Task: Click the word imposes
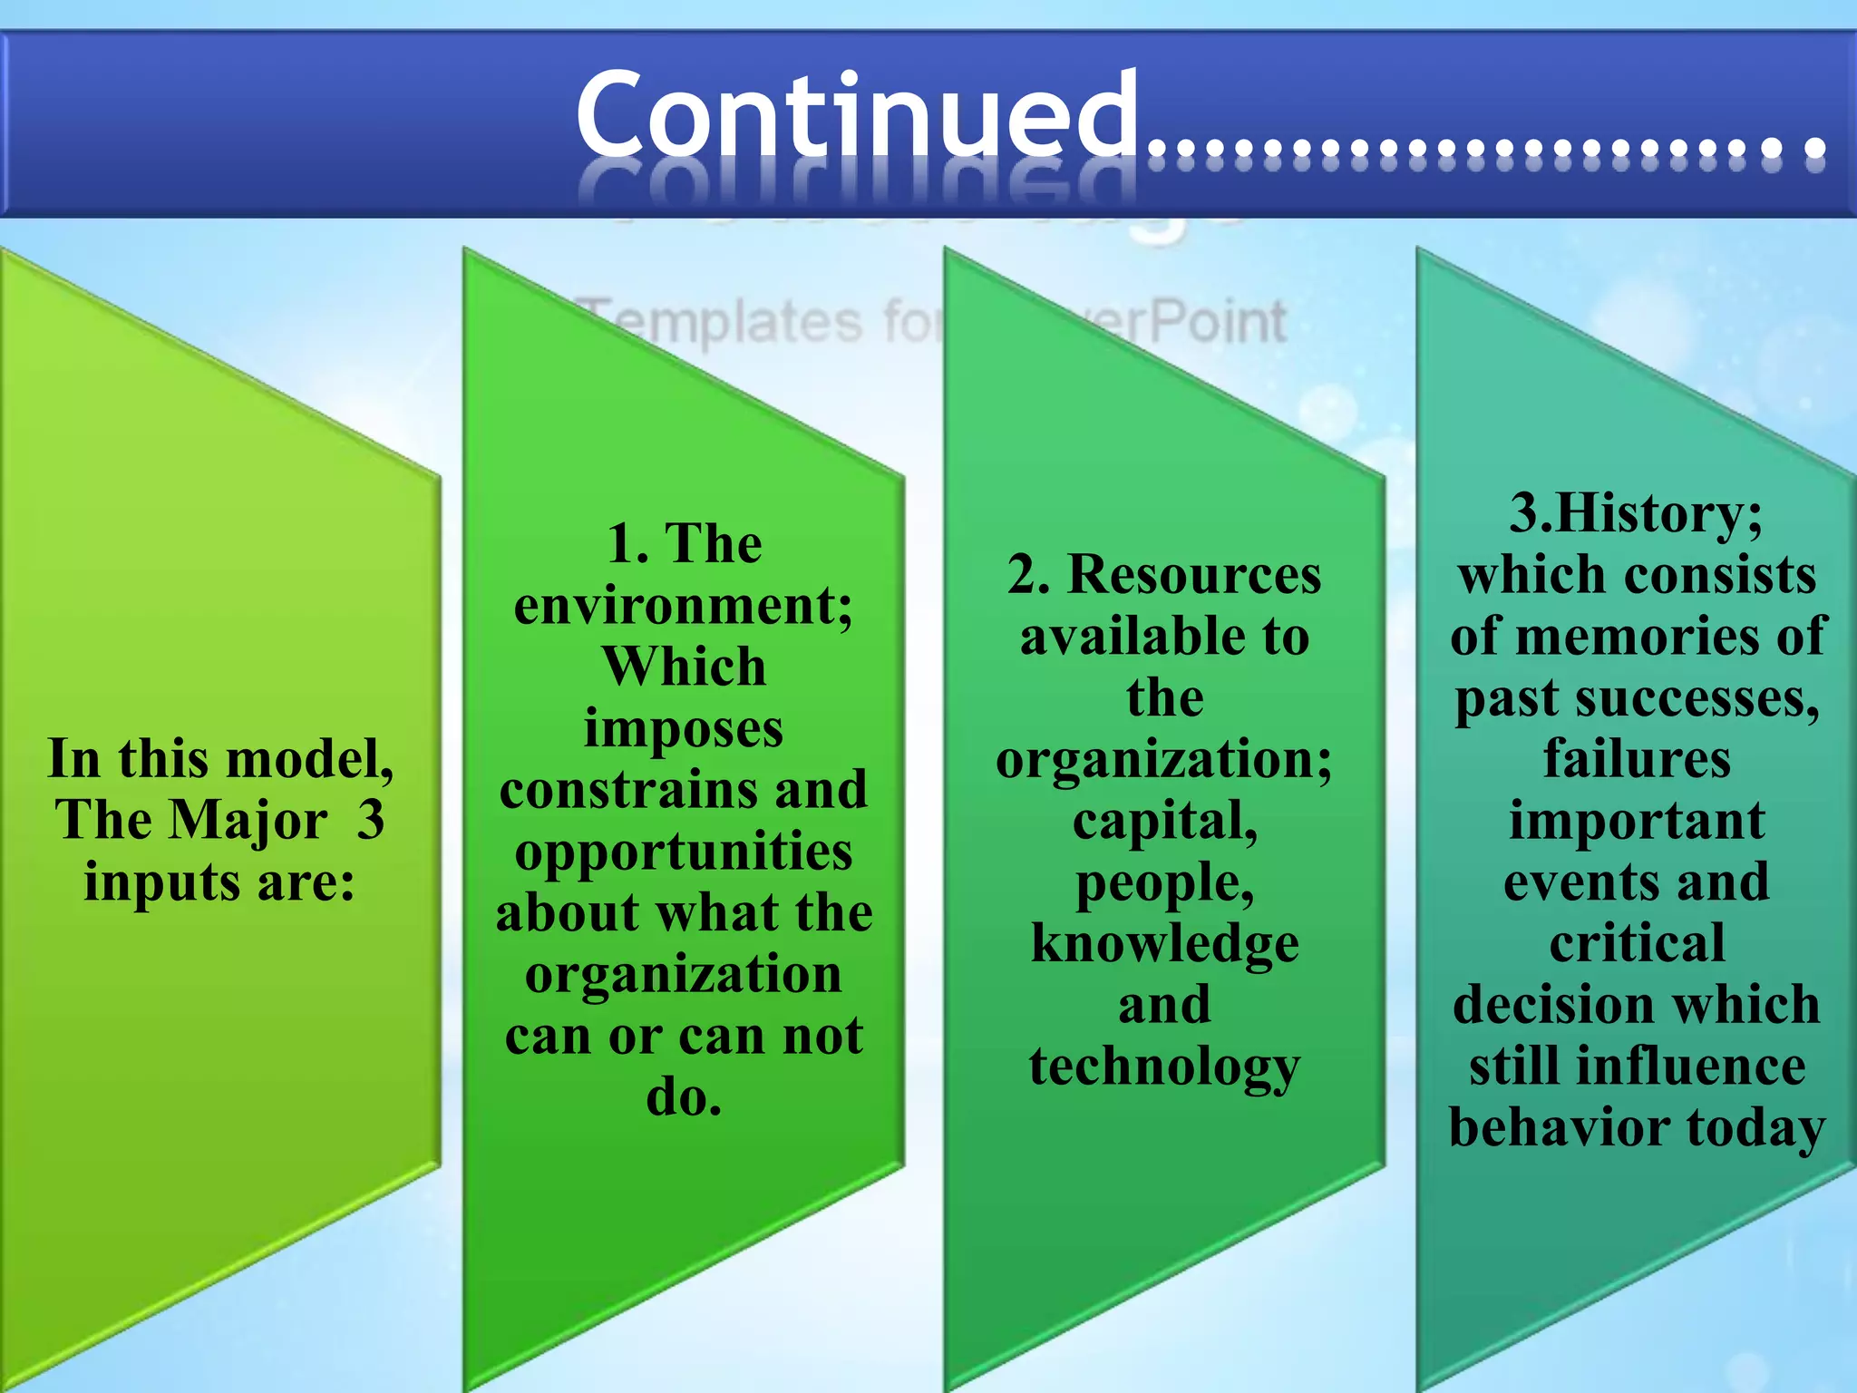pyautogui.click(x=684, y=729)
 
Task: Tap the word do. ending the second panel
pyautogui.click(x=684, y=1097)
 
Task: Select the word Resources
pyautogui.click(x=1194, y=575)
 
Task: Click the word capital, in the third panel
pyautogui.click(x=1165, y=822)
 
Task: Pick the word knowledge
pyautogui.click(x=1165, y=944)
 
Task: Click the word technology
pyautogui.click(x=1165, y=1067)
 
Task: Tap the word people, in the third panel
pyautogui.click(x=1165, y=883)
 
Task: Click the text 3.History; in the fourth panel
pyautogui.click(x=1636, y=513)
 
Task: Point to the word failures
pyautogui.click(x=1637, y=759)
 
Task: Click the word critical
pyautogui.click(x=1637, y=944)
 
